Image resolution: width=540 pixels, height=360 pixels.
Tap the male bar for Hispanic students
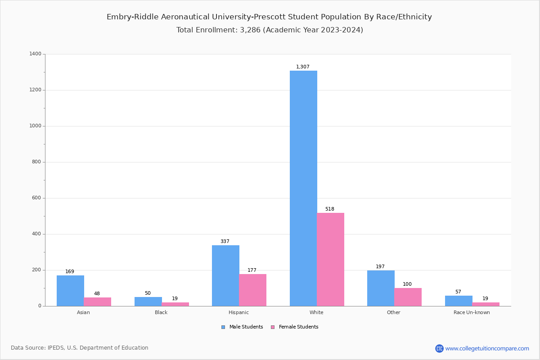coord(225,275)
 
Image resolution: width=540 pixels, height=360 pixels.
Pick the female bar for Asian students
coord(97,301)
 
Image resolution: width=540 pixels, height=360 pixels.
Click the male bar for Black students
coord(148,301)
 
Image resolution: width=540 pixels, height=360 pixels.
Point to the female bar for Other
coord(408,297)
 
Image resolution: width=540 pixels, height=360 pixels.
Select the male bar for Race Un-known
coord(459,301)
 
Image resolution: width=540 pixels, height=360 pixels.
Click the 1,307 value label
coord(303,67)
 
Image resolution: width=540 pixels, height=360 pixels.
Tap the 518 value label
coord(330,209)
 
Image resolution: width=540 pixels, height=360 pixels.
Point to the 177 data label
coord(252,270)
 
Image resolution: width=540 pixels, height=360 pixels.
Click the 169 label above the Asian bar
coord(70,272)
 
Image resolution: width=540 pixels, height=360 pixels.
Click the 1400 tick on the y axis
coord(35,54)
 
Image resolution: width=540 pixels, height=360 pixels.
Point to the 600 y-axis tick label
coord(36,198)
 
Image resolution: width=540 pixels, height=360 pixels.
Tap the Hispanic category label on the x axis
coord(238,312)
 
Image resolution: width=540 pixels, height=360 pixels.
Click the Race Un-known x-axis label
coord(472,312)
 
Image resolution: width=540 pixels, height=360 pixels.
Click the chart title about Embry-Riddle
coord(269,17)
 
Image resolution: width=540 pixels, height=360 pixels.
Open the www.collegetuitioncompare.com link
coord(487,348)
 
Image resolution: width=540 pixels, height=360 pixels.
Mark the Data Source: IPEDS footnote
coord(80,348)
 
